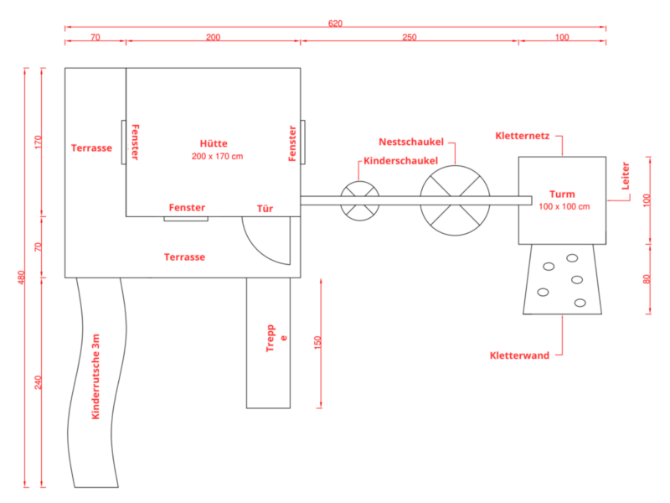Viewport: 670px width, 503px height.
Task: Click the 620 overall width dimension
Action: point(336,23)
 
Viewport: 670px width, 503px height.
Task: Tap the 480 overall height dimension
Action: point(22,277)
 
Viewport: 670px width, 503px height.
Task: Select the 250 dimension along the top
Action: point(410,37)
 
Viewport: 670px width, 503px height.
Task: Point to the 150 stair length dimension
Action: point(317,343)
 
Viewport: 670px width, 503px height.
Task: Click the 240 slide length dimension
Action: point(39,382)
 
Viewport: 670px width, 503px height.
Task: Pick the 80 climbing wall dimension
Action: point(647,279)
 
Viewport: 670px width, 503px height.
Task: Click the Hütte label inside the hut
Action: point(214,143)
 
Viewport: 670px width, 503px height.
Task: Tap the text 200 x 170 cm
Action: point(217,156)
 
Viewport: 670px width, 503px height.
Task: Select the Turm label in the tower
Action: point(562,194)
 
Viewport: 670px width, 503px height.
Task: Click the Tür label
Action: point(265,208)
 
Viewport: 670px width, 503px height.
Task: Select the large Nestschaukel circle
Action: point(455,165)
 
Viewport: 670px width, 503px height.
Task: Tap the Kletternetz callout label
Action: point(522,136)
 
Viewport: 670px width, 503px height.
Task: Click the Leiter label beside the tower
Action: point(625,176)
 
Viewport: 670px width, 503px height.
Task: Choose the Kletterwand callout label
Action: point(519,355)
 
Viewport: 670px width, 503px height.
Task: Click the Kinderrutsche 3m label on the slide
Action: point(95,376)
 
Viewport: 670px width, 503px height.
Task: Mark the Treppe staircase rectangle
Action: point(268,343)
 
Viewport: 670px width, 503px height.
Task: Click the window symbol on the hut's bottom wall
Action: point(186,219)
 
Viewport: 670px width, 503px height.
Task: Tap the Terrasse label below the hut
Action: point(184,257)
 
